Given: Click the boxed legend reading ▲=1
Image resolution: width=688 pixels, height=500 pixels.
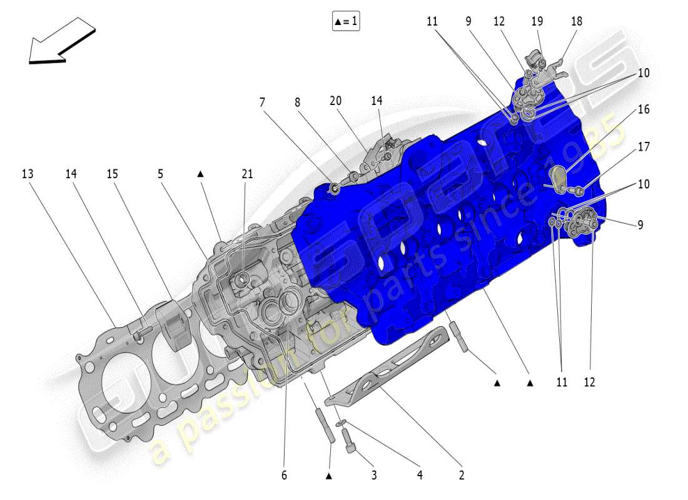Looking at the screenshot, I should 346,21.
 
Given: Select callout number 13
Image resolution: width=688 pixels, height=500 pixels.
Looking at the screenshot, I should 27,174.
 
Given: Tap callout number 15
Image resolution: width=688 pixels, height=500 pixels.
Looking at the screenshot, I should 112,174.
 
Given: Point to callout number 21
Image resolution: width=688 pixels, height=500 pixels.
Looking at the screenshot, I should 247,174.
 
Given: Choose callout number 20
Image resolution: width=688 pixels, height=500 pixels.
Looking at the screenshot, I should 336,101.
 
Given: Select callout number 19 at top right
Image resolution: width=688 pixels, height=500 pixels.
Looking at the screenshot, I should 537,21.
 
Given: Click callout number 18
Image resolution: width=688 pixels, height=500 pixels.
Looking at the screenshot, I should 576,21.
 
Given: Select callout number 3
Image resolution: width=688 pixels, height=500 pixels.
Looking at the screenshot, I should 373,476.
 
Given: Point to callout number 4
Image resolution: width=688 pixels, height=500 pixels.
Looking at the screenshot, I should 420,476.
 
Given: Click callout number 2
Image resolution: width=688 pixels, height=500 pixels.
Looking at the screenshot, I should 462,476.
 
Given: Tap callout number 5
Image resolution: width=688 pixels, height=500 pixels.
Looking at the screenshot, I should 161,174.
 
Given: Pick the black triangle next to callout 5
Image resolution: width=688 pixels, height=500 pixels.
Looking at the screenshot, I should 201,174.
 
